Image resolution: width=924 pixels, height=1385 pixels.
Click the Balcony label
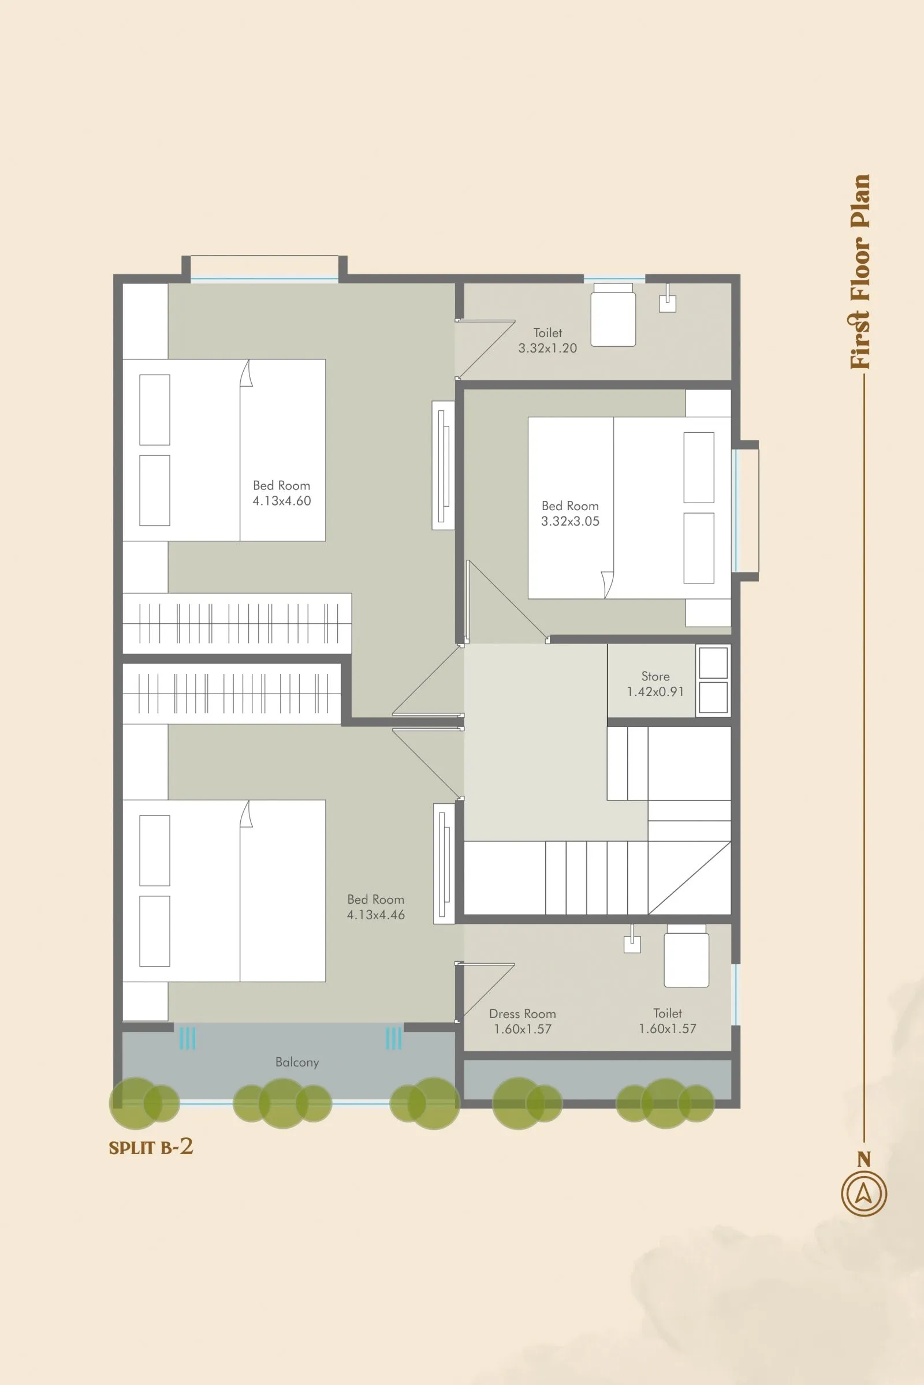(x=297, y=1062)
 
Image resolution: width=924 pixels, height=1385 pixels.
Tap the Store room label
(x=655, y=676)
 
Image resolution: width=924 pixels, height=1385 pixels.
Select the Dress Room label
(x=522, y=1013)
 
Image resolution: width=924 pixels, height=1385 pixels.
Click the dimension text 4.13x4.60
(x=282, y=501)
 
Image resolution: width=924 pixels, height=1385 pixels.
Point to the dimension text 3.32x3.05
(x=570, y=521)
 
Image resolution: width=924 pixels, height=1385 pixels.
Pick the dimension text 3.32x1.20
(x=547, y=348)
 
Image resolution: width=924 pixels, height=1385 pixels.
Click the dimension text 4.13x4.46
(x=375, y=915)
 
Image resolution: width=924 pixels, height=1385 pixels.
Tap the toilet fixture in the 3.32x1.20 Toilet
(x=613, y=315)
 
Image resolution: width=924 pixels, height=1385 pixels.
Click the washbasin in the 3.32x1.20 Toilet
(x=667, y=301)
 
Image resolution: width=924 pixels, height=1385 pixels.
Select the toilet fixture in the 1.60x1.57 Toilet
(x=686, y=956)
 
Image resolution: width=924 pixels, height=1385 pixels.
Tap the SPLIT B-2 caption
(x=151, y=1147)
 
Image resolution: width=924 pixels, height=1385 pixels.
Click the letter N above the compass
(x=863, y=1159)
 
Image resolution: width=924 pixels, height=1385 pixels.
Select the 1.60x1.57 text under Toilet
(x=668, y=1029)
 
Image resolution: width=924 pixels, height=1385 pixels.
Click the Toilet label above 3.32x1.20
(x=547, y=333)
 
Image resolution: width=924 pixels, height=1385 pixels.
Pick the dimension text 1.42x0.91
(x=655, y=692)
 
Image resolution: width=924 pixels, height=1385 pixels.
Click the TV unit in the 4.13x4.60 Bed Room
(x=443, y=465)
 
